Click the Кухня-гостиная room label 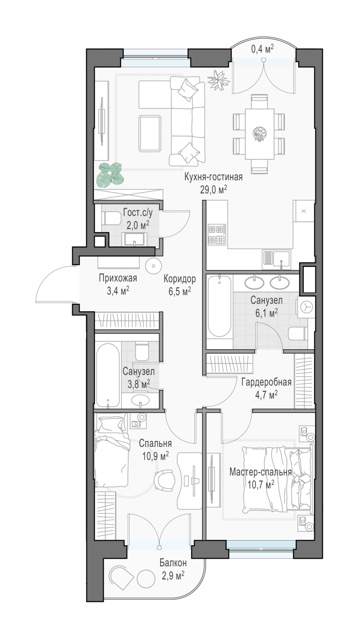[x=213, y=177]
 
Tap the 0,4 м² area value [x=262, y=49]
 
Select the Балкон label [x=173, y=563]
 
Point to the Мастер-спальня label [x=260, y=472]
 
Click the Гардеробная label [x=266, y=382]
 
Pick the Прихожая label [x=118, y=278]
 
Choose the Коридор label [x=179, y=279]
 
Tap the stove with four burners [x=217, y=234]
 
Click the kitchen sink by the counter [x=276, y=259]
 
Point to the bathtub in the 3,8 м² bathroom [x=107, y=375]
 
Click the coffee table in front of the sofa [x=150, y=133]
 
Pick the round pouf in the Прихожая [x=153, y=266]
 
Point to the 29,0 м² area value [x=213, y=190]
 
